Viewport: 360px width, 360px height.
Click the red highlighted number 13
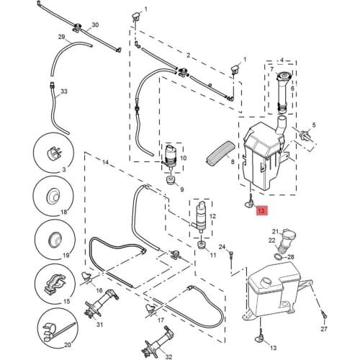pyautogui.click(x=261, y=211)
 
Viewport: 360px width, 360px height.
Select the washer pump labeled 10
pyautogui.click(x=171, y=157)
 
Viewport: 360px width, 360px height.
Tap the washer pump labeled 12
pyautogui.click(x=199, y=217)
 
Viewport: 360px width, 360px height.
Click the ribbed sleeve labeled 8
pyautogui.click(x=220, y=153)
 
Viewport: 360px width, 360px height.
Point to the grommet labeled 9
pyautogui.click(x=171, y=180)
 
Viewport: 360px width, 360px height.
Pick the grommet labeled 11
pyautogui.click(x=202, y=246)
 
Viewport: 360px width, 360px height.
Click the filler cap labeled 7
pyautogui.click(x=284, y=77)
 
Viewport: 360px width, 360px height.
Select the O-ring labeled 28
pyautogui.click(x=278, y=257)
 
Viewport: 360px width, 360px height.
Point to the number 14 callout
pyautogui.click(x=106, y=163)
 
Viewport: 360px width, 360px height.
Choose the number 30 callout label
pyautogui.click(x=95, y=25)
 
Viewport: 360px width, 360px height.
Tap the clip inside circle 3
pyautogui.click(x=55, y=152)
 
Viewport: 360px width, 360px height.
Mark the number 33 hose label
pyautogui.click(x=64, y=91)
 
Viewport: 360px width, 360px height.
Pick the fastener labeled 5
pyautogui.click(x=305, y=135)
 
